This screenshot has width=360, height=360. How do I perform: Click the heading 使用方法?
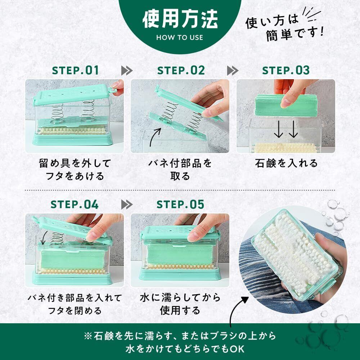(180, 19)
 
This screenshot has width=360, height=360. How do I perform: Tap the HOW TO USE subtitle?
(180, 37)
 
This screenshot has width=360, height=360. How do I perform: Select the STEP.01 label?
(75, 70)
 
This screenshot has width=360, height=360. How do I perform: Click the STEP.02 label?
(181, 70)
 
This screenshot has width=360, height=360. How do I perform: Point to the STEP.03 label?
(286, 70)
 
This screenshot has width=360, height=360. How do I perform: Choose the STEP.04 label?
(75, 204)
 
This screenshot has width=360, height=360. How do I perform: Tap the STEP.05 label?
(180, 204)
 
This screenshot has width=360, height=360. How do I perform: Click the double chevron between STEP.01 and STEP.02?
(127, 71)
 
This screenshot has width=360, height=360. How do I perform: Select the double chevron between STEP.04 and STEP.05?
(127, 204)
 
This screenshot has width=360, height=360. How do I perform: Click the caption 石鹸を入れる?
(286, 163)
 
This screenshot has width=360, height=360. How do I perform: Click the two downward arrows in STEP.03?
(286, 129)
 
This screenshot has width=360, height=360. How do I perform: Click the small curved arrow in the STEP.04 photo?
(44, 238)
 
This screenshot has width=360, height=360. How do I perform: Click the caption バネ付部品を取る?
(180, 170)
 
